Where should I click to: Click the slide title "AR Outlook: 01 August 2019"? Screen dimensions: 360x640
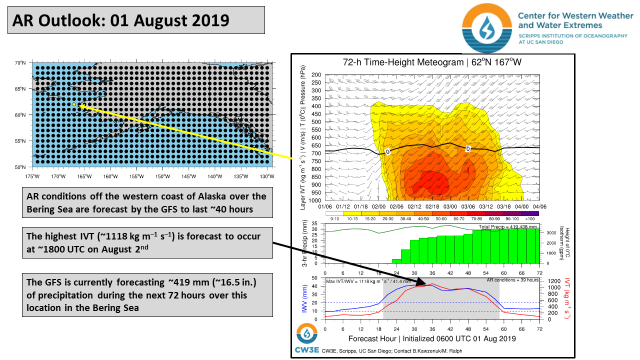click(120, 20)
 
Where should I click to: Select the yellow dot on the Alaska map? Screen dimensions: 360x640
click(74, 104)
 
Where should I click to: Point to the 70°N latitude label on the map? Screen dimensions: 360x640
click(20, 63)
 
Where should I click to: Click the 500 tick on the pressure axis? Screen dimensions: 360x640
click(316, 122)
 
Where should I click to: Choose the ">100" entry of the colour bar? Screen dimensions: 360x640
click(530, 219)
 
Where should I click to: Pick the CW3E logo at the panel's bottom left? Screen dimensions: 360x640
click(306, 338)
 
